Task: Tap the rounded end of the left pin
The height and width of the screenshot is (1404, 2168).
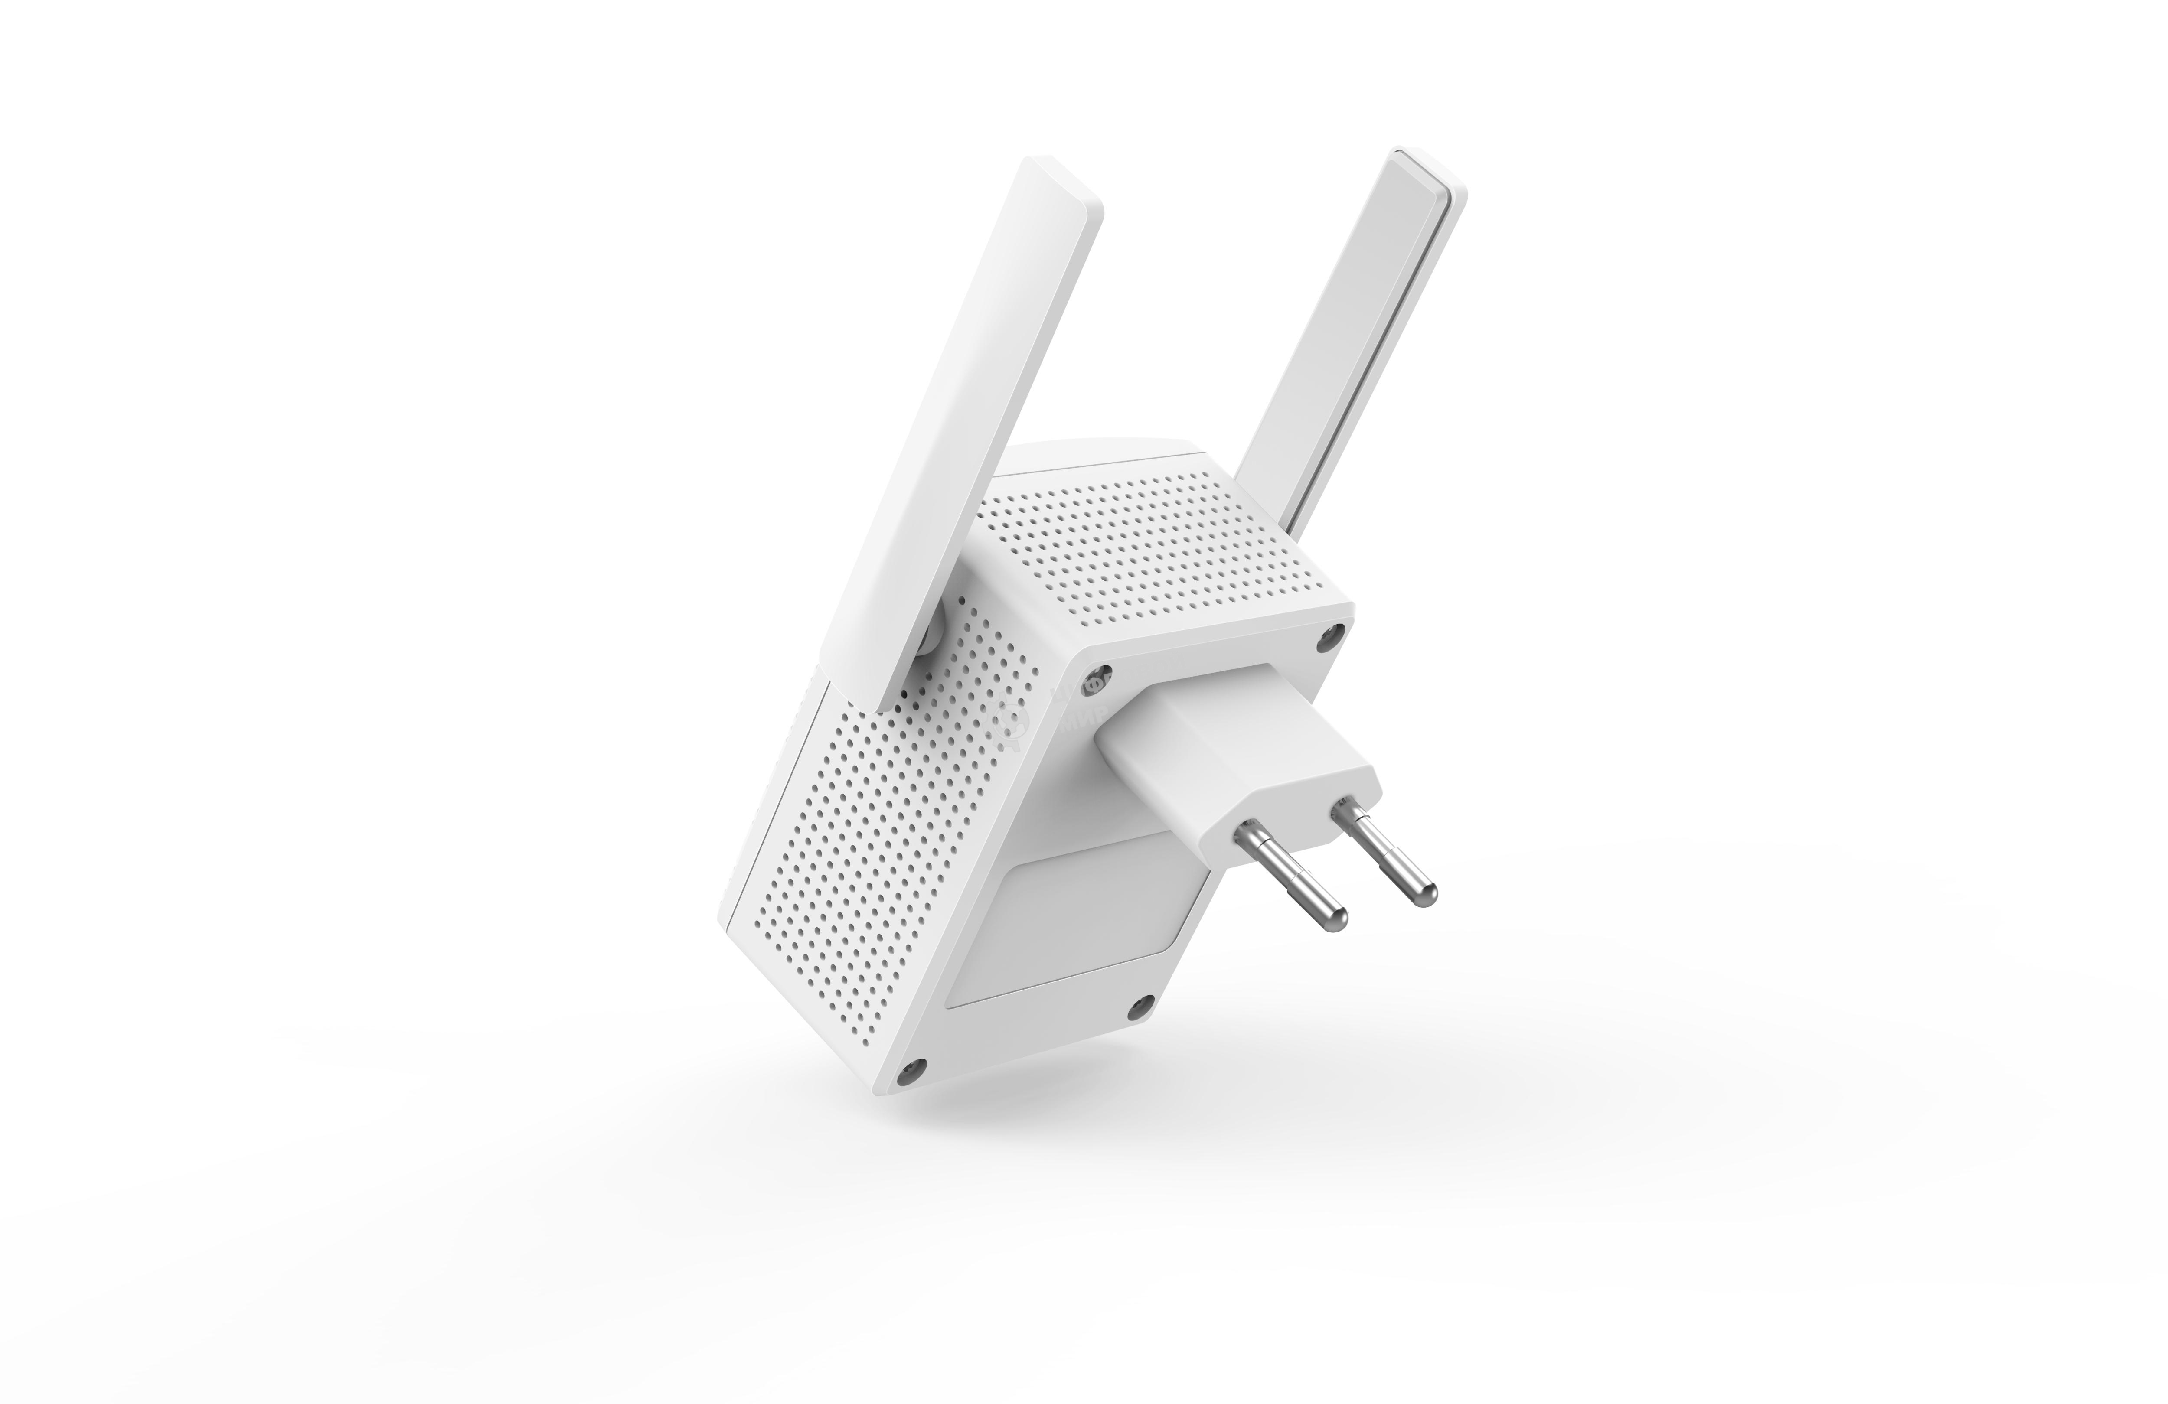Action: point(1335,920)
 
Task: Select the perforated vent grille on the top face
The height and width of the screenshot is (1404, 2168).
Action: point(1166,546)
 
